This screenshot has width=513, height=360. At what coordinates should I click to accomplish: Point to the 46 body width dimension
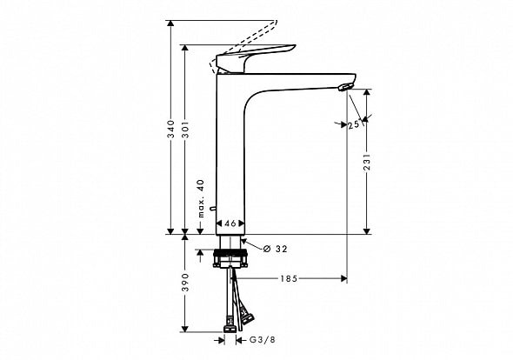click(x=230, y=223)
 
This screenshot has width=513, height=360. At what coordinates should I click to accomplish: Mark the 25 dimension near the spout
click(x=353, y=125)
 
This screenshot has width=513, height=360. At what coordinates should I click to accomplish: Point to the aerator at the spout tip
click(x=346, y=86)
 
